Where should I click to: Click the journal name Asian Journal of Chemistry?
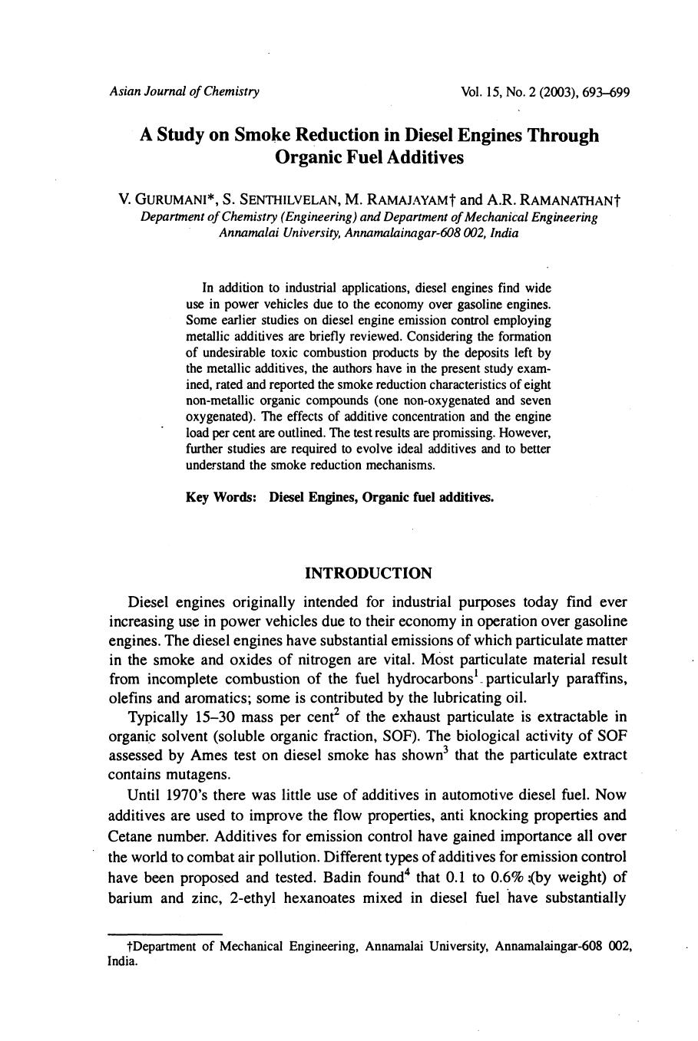point(184,92)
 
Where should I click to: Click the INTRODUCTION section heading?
point(369,574)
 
